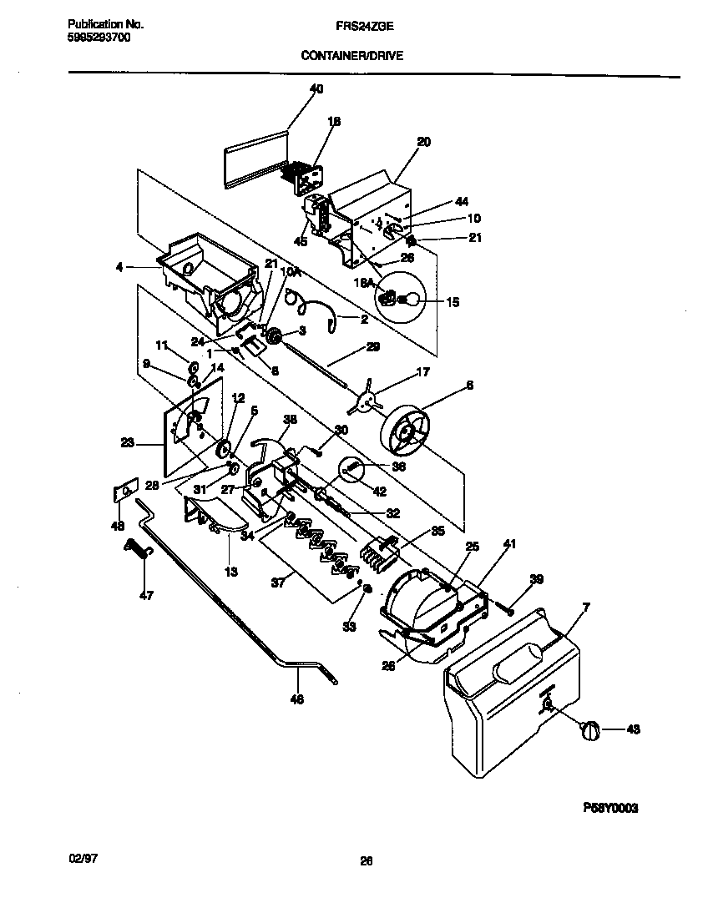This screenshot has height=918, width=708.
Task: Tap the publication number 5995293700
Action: pyautogui.click(x=98, y=38)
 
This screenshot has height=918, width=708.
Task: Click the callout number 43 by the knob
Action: pyautogui.click(x=632, y=730)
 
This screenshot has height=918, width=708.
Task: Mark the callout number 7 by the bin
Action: pyautogui.click(x=585, y=607)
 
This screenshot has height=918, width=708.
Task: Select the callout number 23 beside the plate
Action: pyautogui.click(x=127, y=444)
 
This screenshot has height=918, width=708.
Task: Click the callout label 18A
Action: pyautogui.click(x=363, y=284)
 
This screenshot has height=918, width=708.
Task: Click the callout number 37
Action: pyautogui.click(x=278, y=583)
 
